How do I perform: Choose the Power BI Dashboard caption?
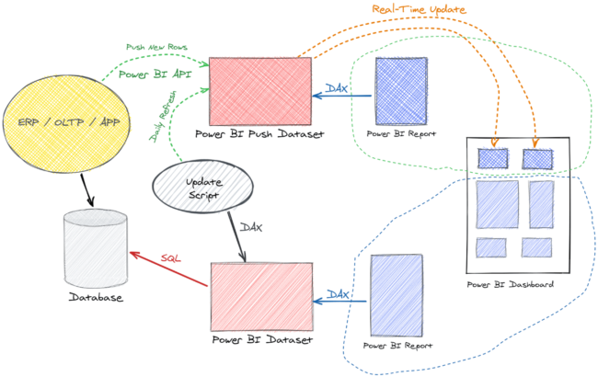(511, 285)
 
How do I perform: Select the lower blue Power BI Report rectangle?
(396, 296)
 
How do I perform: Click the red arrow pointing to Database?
(169, 273)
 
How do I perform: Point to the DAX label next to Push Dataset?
(337, 89)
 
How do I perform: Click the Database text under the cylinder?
(96, 297)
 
